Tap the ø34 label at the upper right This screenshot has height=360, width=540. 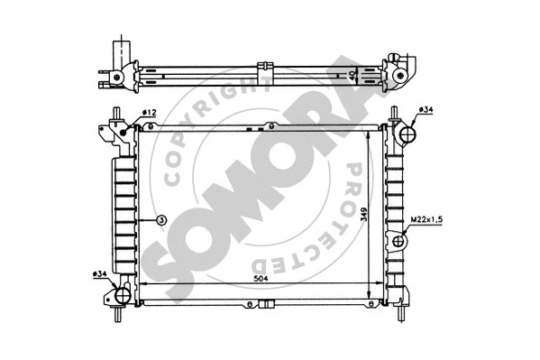point(426,111)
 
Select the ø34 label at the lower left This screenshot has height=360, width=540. point(101,272)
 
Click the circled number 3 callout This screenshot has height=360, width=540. point(160,219)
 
